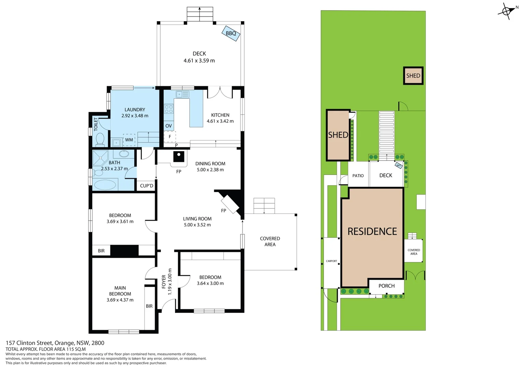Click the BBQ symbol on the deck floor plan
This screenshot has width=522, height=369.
[x=231, y=33]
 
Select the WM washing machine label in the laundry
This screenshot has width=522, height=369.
[x=129, y=140]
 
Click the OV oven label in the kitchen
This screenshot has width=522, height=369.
[x=168, y=126]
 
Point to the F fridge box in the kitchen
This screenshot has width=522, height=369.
[x=170, y=137]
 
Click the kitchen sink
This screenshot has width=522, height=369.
[x=182, y=94]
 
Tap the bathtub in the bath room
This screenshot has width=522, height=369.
[x=105, y=185]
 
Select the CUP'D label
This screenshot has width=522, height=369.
[x=147, y=186]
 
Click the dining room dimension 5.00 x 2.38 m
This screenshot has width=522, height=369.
[x=210, y=170]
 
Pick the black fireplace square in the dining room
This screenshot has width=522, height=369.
[x=179, y=156]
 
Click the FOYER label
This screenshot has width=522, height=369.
[x=164, y=282]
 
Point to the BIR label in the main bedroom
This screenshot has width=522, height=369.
[x=149, y=306]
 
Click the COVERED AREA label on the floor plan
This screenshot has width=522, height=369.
[x=270, y=242]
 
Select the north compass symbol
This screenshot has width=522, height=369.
[x=507, y=11]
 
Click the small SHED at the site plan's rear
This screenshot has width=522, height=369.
[x=413, y=76]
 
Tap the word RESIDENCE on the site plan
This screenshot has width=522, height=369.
[x=372, y=232]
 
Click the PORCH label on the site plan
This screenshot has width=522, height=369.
[x=386, y=286]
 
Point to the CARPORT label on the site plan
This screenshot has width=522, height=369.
[x=331, y=261]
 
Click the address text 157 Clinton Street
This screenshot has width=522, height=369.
[x=29, y=343]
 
